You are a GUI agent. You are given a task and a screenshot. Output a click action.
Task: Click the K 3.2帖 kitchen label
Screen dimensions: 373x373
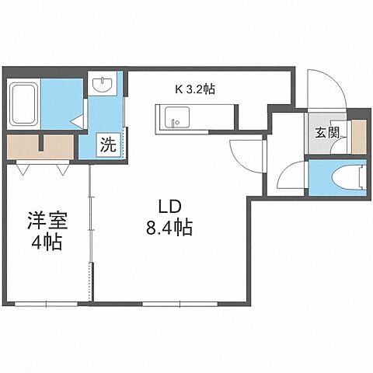coord(195,89)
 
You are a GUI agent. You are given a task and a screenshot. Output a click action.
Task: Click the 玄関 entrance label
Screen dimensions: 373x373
coord(327,133)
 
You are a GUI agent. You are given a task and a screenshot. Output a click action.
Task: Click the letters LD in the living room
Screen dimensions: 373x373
coord(170,207)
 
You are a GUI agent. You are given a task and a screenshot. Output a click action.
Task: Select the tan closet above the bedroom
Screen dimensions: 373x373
coord(43,145)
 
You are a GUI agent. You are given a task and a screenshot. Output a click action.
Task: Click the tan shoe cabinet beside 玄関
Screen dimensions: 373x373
coord(358,136)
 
